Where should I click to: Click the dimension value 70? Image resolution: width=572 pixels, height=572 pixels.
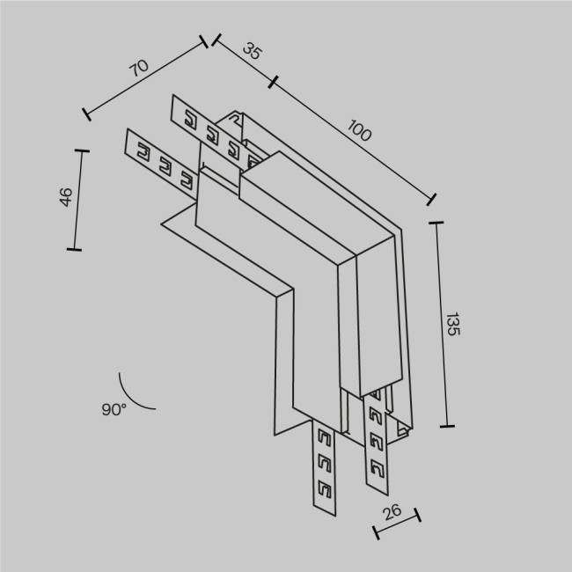138,68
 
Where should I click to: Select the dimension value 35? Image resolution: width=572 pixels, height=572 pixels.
253,51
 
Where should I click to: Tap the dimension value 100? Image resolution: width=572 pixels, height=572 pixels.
359,132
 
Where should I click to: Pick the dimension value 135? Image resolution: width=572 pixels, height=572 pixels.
452,325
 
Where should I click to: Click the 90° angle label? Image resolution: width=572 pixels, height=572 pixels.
114,409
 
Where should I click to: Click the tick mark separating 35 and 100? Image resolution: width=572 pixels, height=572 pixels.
274,83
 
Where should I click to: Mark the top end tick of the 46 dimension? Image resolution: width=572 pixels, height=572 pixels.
84,150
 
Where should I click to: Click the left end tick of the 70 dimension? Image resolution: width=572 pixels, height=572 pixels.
86,113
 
